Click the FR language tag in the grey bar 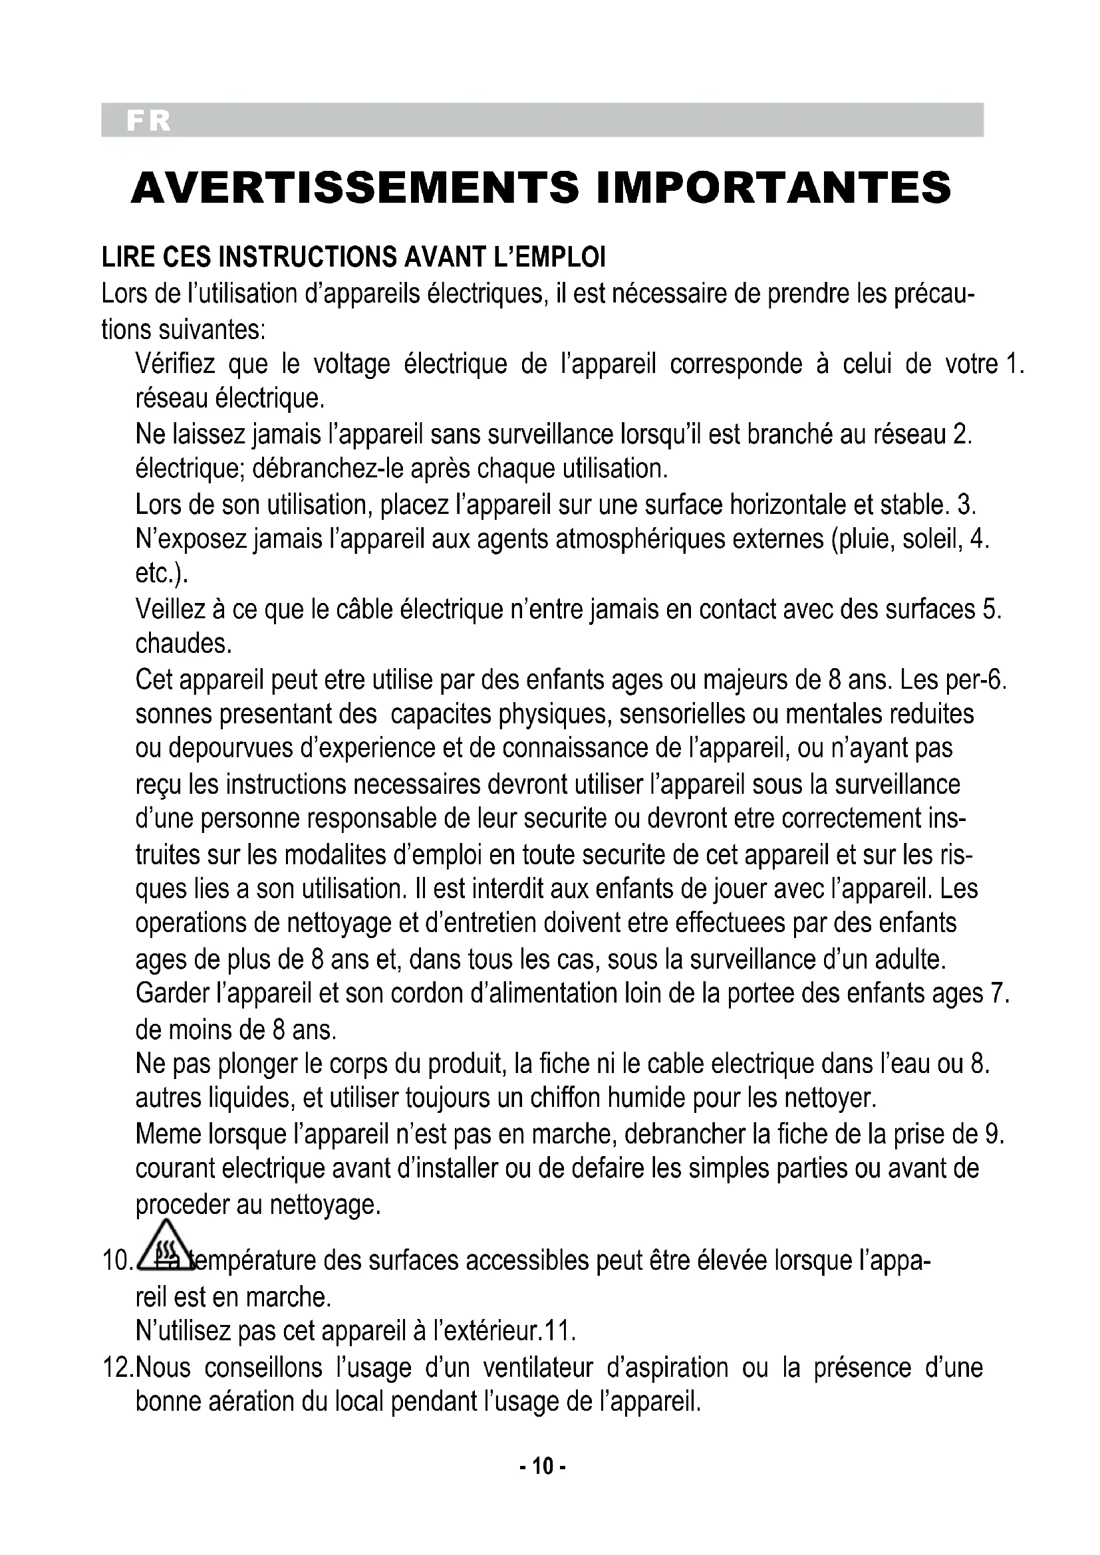click(x=148, y=120)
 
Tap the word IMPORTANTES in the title click(x=773, y=187)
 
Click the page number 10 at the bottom click(x=543, y=1485)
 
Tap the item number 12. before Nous click(x=118, y=1368)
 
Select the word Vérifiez click(x=175, y=364)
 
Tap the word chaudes click(x=184, y=644)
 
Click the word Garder click(x=172, y=993)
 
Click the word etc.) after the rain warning click(x=161, y=574)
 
